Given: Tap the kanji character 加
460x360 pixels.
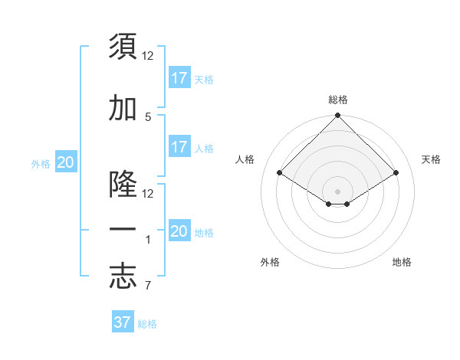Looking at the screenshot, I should point(123,109).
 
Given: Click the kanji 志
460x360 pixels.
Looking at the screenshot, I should point(123,277).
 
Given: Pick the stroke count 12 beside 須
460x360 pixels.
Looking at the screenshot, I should point(148,56).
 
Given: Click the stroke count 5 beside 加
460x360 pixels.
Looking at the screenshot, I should point(148,117).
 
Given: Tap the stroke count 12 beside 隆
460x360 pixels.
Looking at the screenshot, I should point(148,194).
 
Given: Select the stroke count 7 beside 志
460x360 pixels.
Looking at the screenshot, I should point(148,286).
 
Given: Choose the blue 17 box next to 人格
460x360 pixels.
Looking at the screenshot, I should point(179,146).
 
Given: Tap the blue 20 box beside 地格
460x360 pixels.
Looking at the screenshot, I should point(179,231).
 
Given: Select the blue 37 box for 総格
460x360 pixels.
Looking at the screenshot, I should point(122,322).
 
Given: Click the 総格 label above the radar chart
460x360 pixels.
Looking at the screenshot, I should point(338,100).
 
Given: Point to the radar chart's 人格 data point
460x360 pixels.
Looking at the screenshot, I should point(280,173).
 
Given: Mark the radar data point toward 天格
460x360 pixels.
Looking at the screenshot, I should point(396,173).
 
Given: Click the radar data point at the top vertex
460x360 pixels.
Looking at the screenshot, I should point(338,116).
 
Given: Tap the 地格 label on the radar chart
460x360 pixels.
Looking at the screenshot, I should point(402,263).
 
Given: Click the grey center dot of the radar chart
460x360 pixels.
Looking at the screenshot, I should point(338,190).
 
